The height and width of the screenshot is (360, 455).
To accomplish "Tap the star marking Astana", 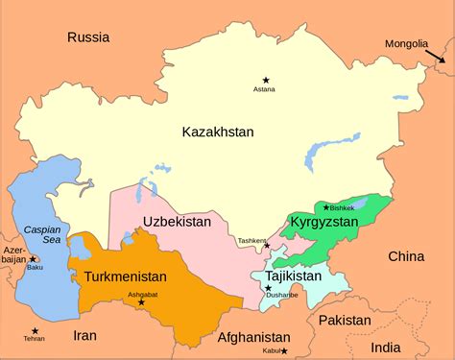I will coord(265,79).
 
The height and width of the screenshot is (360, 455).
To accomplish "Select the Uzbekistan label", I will coord(177,222).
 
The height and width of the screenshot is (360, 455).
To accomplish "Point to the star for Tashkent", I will coord(267,246).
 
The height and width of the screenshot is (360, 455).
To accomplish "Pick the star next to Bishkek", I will coord(327,207).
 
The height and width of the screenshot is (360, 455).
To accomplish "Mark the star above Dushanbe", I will coord(269,288).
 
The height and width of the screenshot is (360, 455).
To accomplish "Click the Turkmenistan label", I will coord(126,276).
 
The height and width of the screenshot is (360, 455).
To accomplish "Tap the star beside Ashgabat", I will coord(141,302).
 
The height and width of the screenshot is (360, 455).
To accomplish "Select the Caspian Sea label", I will coord(42,236).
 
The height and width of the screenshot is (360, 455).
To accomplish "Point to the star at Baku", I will coord(33,259).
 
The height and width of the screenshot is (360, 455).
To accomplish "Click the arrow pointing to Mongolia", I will coord(437,58).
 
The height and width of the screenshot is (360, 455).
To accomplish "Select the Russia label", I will coord(88,37).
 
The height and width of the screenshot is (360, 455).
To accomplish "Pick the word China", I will coord(406,256).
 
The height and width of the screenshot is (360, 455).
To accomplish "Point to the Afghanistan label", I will coord(253,338).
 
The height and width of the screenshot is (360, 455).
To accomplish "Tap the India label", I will coord(389,348).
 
